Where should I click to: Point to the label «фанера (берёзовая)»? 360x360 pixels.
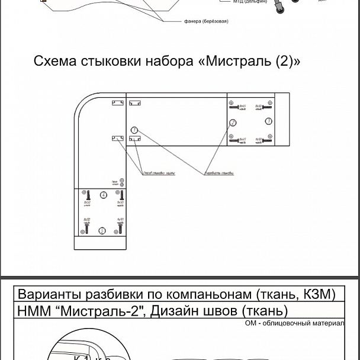click(206, 21)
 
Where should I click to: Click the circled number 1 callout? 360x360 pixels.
click(134, 129)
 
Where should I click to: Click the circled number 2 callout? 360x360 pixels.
click(233, 123)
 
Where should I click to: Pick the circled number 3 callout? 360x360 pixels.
click(268, 121)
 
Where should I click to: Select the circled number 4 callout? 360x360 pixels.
click(104, 194)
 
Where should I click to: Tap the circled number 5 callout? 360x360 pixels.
click(102, 230)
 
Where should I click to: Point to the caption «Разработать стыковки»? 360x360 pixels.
click(218, 173)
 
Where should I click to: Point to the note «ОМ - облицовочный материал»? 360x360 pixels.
click(294, 323)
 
